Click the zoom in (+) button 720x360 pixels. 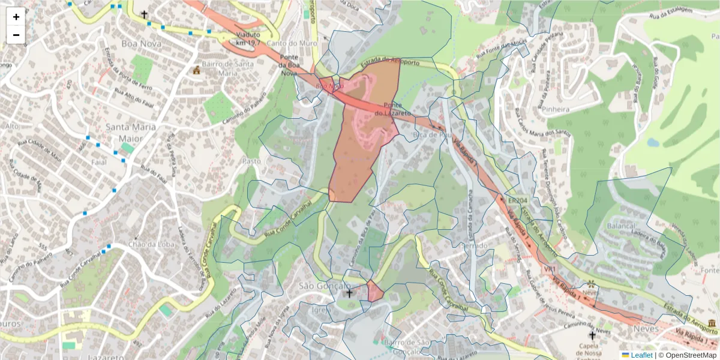tap(16, 17)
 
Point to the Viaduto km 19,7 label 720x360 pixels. tap(248, 39)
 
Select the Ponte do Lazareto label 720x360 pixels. tap(393, 109)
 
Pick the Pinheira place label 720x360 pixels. tap(554, 109)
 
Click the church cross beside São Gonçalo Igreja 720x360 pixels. tap(349, 293)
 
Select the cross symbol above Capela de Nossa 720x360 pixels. tap(592, 335)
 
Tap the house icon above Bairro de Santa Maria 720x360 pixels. tap(196, 70)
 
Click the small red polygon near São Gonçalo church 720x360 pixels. tap(375, 292)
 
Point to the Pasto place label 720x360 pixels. tap(251, 161)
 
